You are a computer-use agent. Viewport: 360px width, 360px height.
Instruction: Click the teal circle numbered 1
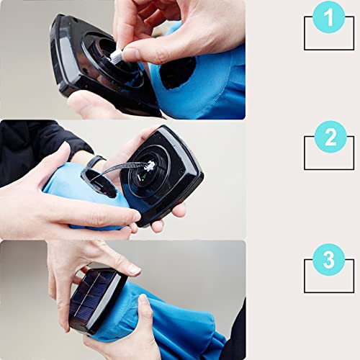click(x=329, y=17)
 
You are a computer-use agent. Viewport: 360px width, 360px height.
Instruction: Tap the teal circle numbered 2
click(x=330, y=137)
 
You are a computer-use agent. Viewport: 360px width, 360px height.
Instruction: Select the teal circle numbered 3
click(x=329, y=259)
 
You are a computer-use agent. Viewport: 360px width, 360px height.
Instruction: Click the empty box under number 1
click(x=329, y=49)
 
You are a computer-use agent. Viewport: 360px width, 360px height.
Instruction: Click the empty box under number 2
click(x=329, y=168)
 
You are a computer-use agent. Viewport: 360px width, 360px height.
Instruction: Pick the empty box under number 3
click(x=329, y=292)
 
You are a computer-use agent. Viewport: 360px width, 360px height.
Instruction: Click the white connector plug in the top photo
click(x=117, y=56)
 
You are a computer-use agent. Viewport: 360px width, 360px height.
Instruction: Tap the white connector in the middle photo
click(x=150, y=166)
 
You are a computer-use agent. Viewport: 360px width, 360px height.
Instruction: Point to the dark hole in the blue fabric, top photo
click(x=178, y=73)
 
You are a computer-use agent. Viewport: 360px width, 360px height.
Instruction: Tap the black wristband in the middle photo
click(x=95, y=161)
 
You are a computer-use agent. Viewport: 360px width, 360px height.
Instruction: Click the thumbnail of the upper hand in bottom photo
click(x=135, y=270)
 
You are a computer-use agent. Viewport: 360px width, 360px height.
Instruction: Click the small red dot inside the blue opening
click(x=104, y=193)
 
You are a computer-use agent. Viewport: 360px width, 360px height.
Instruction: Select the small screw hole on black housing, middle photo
click(x=181, y=172)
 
